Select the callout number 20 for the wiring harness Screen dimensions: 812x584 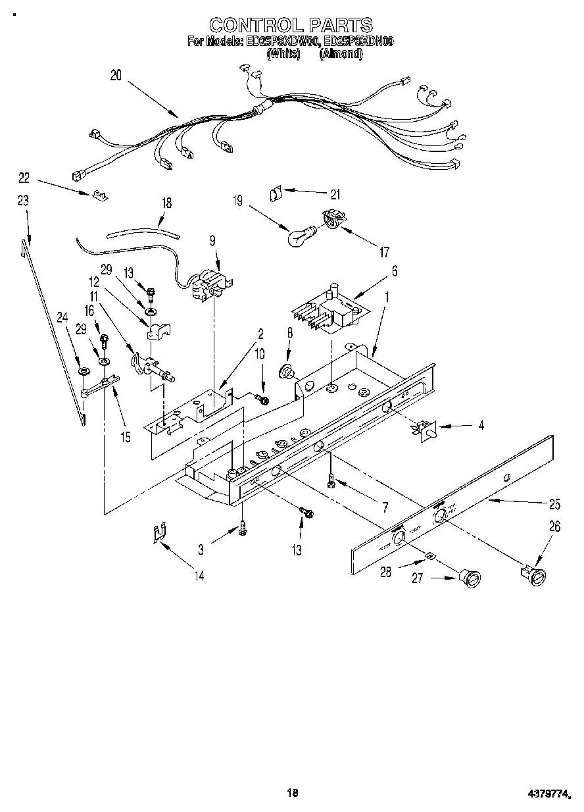pyautogui.click(x=116, y=75)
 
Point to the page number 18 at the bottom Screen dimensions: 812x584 pyautogui.click(x=293, y=792)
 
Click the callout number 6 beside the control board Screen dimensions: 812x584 pyautogui.click(x=395, y=270)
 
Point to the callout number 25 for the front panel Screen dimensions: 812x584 pyautogui.click(x=554, y=505)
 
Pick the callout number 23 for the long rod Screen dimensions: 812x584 pyautogui.click(x=23, y=201)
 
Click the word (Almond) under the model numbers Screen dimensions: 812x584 pyautogui.click(x=341, y=55)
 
